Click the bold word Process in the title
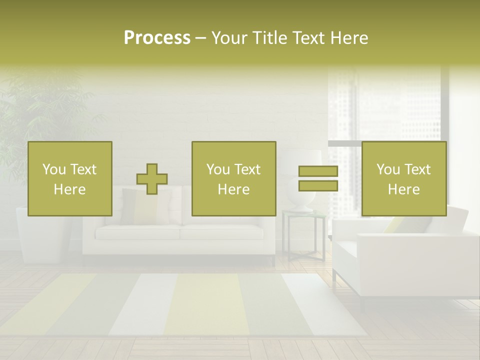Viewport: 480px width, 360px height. pyautogui.click(x=157, y=38)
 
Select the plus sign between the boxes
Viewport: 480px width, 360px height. pyautogui.click(x=152, y=179)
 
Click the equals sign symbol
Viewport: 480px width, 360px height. pyautogui.click(x=318, y=179)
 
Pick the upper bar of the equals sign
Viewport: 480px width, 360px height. pyautogui.click(x=318, y=171)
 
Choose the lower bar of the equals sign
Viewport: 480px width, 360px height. pyautogui.click(x=318, y=186)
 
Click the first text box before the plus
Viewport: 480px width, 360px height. pyautogui.click(x=70, y=178)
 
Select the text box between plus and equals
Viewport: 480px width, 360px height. pyautogui.click(x=234, y=178)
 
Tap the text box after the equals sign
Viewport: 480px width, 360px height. pyautogui.click(x=404, y=178)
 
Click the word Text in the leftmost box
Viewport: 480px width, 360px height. pyautogui.click(x=83, y=169)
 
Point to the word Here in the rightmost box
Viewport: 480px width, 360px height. pyautogui.click(x=404, y=189)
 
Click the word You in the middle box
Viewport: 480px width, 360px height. pyautogui.click(x=218, y=169)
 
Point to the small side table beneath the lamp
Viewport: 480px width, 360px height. pyautogui.click(x=304, y=235)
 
